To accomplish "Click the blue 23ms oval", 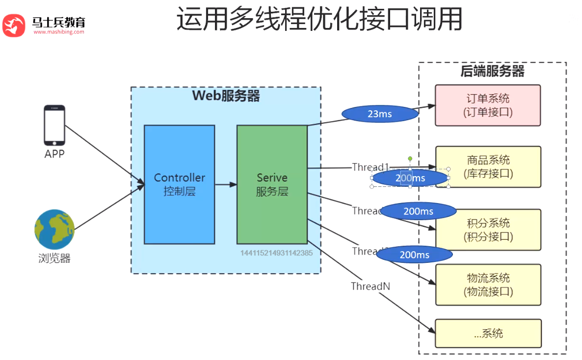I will click(x=379, y=114).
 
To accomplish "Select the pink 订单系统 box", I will click(x=488, y=105).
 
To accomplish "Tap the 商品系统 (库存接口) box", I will click(x=488, y=167).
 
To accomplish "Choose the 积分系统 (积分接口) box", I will click(x=488, y=230).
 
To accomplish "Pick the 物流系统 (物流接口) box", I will click(x=488, y=285).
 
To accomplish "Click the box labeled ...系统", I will click(x=488, y=334).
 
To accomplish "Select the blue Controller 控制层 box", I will click(x=179, y=184).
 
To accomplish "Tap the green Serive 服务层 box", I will click(x=272, y=184).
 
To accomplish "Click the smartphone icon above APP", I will click(x=54, y=125).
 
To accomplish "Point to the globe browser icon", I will click(x=54, y=230).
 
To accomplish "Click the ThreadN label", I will click(x=370, y=286).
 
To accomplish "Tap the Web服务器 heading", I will click(x=226, y=96).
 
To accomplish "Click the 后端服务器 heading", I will click(x=492, y=72).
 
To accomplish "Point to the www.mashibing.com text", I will click(x=59, y=32).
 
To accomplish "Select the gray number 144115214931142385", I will click(x=276, y=253).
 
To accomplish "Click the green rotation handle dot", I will click(x=410, y=159).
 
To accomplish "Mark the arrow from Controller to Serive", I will click(x=226, y=184).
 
